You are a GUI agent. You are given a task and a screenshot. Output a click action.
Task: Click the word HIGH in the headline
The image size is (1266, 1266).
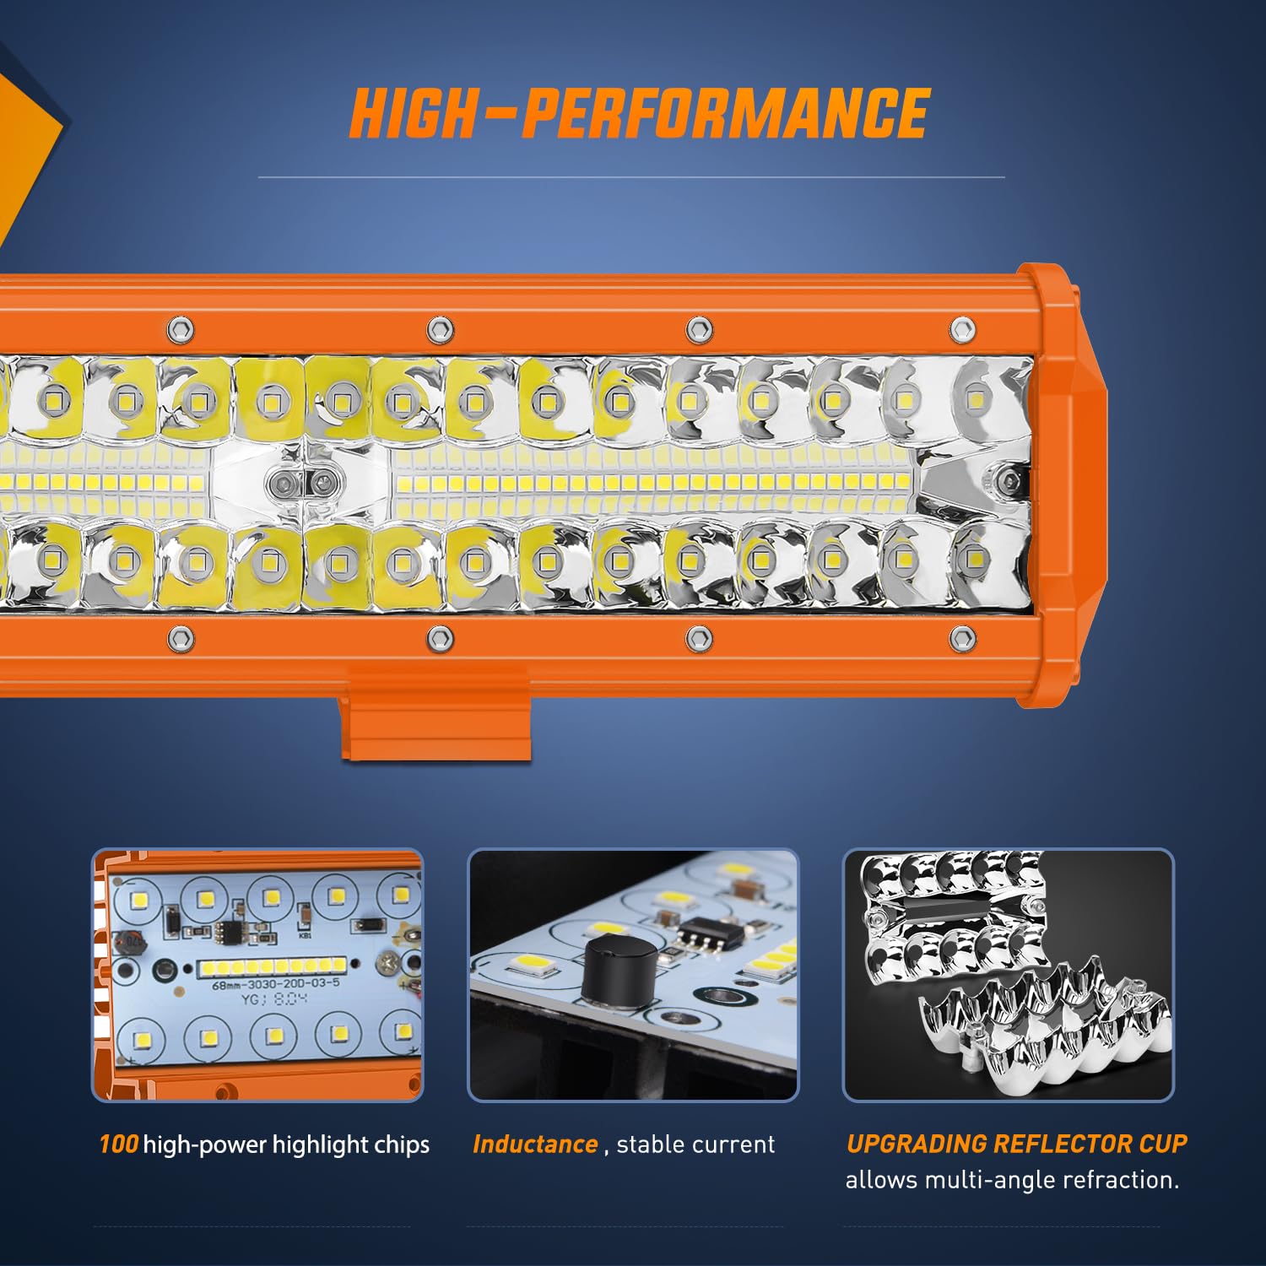(x=413, y=114)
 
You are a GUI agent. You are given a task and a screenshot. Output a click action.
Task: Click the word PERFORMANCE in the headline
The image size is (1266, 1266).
(x=725, y=114)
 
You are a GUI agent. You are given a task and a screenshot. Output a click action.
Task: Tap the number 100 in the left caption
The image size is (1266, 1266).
(x=118, y=1144)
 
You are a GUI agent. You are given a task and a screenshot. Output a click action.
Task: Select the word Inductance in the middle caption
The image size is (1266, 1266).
(x=535, y=1144)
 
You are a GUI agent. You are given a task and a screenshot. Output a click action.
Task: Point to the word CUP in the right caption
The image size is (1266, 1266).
(x=1163, y=1144)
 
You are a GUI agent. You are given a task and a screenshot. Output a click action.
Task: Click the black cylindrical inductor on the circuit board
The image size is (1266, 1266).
(x=619, y=970)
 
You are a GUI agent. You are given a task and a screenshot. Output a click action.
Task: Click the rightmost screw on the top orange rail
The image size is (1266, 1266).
(x=962, y=329)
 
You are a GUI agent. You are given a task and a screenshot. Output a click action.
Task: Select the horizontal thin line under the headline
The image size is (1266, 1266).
(x=631, y=177)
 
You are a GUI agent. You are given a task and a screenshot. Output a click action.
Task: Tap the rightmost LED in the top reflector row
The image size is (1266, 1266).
(x=976, y=396)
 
